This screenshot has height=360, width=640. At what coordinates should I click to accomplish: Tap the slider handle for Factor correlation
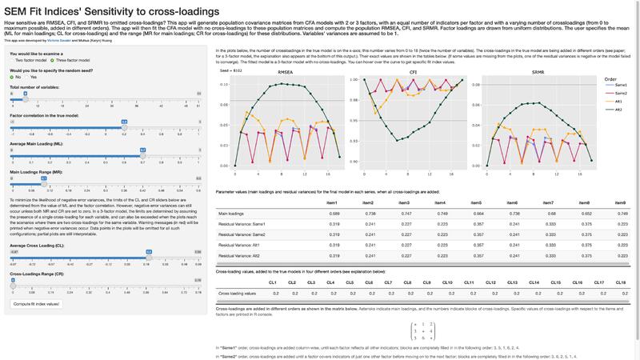(124, 122)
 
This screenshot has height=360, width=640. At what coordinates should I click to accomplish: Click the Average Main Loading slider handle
(142, 150)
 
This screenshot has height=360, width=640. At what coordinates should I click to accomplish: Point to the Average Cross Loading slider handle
(148, 251)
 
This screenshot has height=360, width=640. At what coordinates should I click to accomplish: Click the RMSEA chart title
(285, 72)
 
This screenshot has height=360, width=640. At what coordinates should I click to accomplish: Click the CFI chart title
(406, 72)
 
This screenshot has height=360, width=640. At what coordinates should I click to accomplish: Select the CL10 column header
(448, 282)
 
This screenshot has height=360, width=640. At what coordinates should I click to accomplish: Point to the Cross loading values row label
(238, 294)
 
